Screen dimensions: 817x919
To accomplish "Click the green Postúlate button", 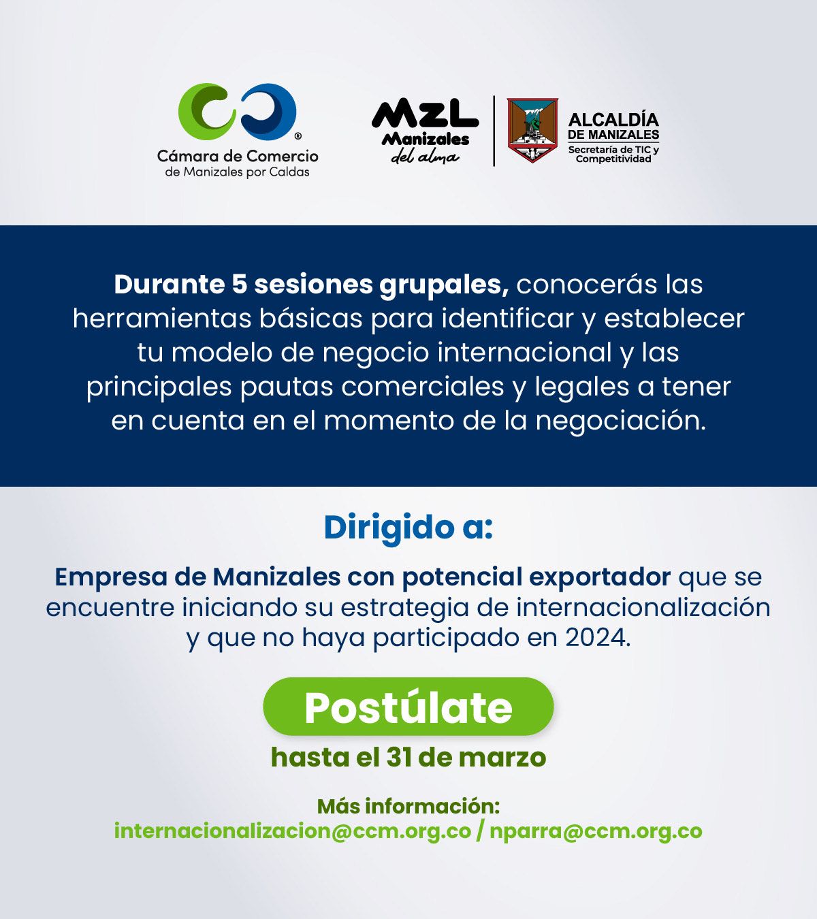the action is pyautogui.click(x=408, y=706).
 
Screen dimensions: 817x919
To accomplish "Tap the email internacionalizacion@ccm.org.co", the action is pyautogui.click(x=293, y=831).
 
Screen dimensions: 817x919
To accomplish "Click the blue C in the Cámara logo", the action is pyautogui.click(x=268, y=112).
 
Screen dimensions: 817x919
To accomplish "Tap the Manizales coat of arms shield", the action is pyautogui.click(x=532, y=130).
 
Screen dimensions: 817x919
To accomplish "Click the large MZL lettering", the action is pyautogui.click(x=425, y=114).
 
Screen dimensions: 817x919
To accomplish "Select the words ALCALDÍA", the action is pyautogui.click(x=613, y=119).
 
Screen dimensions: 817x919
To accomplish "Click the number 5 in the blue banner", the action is pyautogui.click(x=239, y=285).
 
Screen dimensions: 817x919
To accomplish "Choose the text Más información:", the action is pyautogui.click(x=408, y=806).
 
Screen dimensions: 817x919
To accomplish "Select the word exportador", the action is pyautogui.click(x=600, y=577).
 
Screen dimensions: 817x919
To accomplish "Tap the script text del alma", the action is pyautogui.click(x=425, y=157).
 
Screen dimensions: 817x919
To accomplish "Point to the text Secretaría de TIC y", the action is pyautogui.click(x=613, y=149).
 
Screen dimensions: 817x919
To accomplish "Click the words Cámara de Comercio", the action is pyautogui.click(x=237, y=156).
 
